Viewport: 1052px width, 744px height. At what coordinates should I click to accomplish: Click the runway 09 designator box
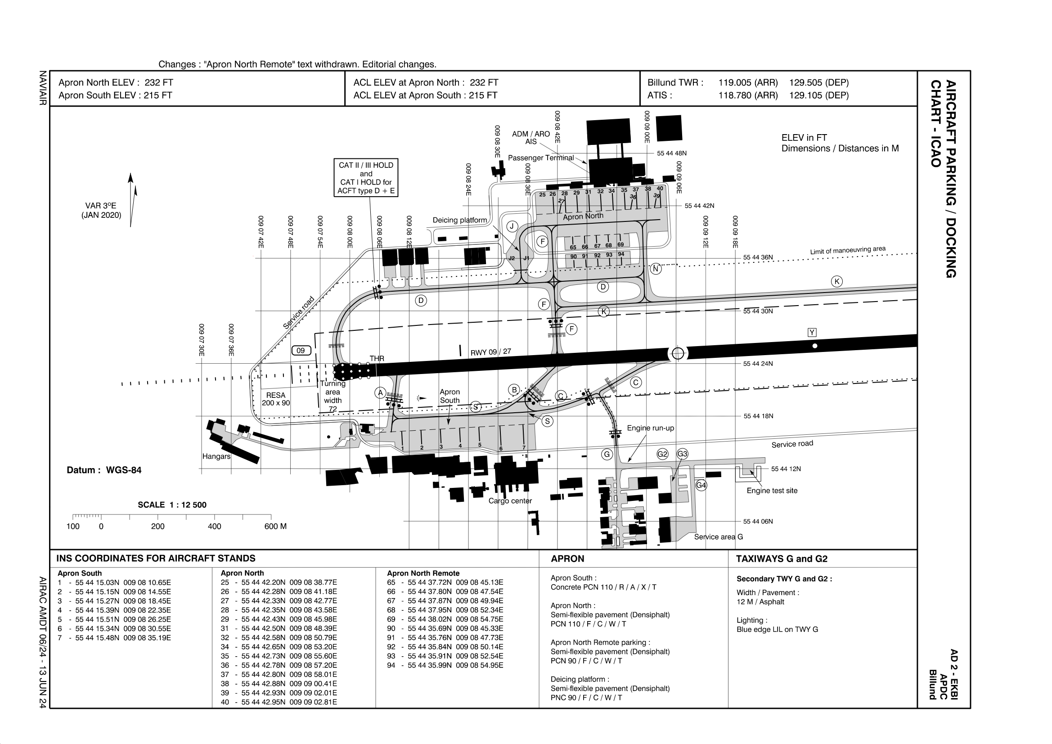[x=301, y=351]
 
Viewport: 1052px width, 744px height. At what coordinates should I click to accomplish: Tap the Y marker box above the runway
[x=812, y=332]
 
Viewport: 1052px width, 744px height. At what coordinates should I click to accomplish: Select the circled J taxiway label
[x=512, y=226]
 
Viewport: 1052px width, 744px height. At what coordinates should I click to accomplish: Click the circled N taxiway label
[x=656, y=269]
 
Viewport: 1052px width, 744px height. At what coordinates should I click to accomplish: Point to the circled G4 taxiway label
[x=701, y=485]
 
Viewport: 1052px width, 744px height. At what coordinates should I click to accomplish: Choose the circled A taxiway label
[x=380, y=393]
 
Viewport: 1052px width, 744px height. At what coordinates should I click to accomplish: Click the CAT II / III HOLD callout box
[x=366, y=178]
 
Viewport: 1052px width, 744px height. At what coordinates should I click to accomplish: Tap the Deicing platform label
[x=459, y=220]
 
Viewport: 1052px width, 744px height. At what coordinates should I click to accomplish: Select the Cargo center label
[x=510, y=501]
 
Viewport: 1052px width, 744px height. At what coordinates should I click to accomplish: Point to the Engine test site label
[x=772, y=491]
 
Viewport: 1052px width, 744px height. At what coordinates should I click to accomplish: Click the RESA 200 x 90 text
[x=275, y=399]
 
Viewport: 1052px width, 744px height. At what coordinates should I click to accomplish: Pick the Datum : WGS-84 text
[x=104, y=470]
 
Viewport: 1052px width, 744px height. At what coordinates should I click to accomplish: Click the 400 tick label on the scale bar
[x=215, y=526]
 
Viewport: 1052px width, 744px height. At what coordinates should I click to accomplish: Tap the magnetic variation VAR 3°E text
[x=101, y=210]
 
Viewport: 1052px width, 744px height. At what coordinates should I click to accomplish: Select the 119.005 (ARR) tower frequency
[x=748, y=82]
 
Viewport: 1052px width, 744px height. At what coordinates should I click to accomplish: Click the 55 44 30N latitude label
[x=758, y=311]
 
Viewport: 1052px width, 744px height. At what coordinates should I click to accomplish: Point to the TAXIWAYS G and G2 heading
[x=782, y=559]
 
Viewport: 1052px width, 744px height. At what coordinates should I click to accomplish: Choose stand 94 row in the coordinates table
[x=445, y=665]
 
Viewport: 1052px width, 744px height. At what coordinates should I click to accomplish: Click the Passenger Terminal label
[x=541, y=158]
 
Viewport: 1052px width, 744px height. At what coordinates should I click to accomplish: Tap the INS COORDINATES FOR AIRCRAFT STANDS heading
[x=156, y=559]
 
